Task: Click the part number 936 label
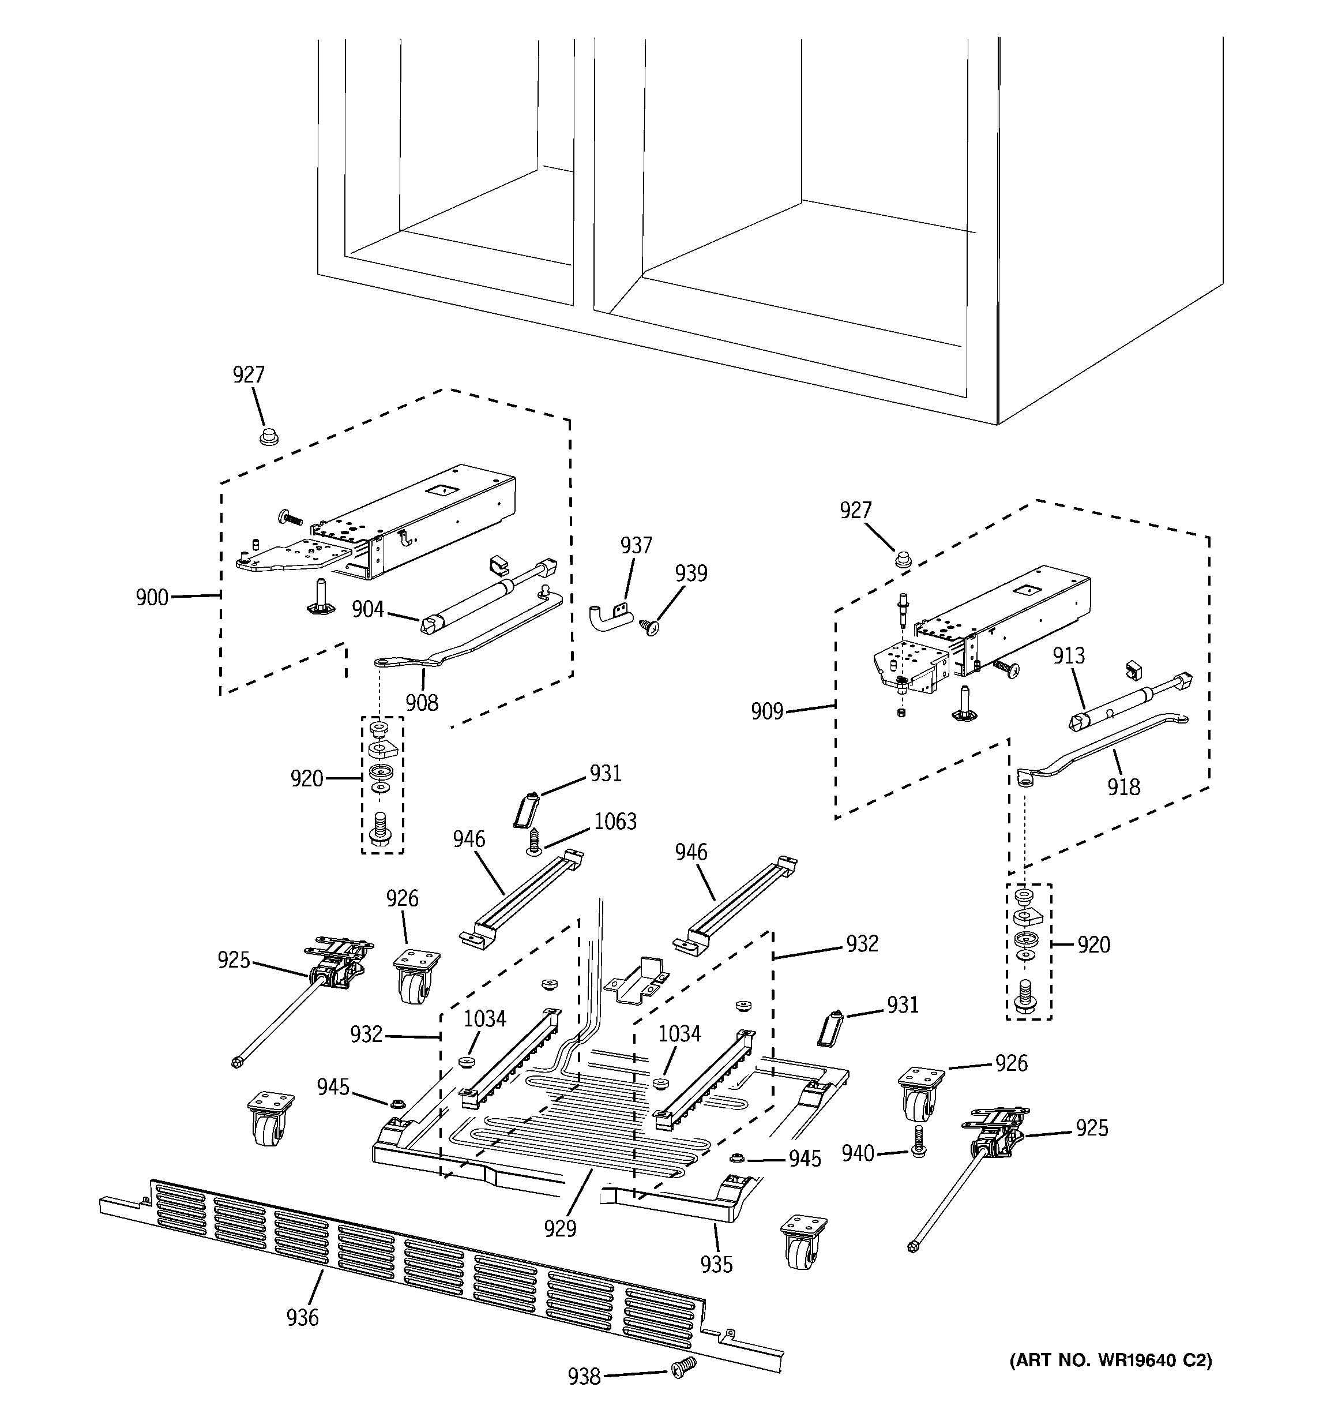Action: [302, 1317]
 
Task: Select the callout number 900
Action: [152, 598]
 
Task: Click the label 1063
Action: [615, 821]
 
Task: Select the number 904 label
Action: [368, 609]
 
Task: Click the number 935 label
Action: [716, 1264]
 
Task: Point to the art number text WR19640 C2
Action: [1110, 1360]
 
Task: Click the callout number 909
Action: [766, 712]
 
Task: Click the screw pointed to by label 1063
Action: [533, 842]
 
